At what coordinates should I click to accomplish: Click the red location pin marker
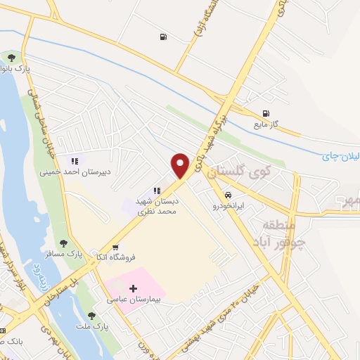[x=181, y=166]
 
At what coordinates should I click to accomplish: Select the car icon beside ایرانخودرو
[x=228, y=195]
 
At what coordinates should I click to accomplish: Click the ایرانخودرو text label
[x=229, y=207]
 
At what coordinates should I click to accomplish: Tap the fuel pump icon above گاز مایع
[x=266, y=113]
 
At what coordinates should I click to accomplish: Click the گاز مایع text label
[x=266, y=124]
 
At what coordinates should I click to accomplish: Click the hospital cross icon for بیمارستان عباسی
[x=134, y=288]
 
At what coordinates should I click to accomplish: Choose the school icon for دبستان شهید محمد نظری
[x=157, y=190]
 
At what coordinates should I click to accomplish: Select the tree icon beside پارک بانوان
[x=11, y=56]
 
